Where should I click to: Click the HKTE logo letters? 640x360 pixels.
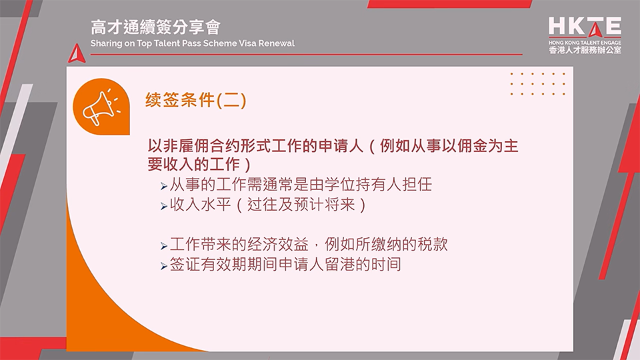(x=585, y=27)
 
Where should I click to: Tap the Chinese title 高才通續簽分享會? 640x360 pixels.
(x=156, y=27)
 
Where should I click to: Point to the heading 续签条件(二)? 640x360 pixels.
(x=196, y=100)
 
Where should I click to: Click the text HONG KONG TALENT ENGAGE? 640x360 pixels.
(x=585, y=42)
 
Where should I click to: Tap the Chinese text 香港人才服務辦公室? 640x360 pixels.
(x=585, y=50)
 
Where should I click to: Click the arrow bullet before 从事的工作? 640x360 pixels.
(x=164, y=185)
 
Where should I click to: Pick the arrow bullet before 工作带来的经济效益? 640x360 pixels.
(x=164, y=246)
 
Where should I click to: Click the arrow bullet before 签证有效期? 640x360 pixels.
(x=164, y=266)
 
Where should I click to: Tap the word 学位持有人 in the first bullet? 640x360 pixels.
(x=369, y=184)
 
